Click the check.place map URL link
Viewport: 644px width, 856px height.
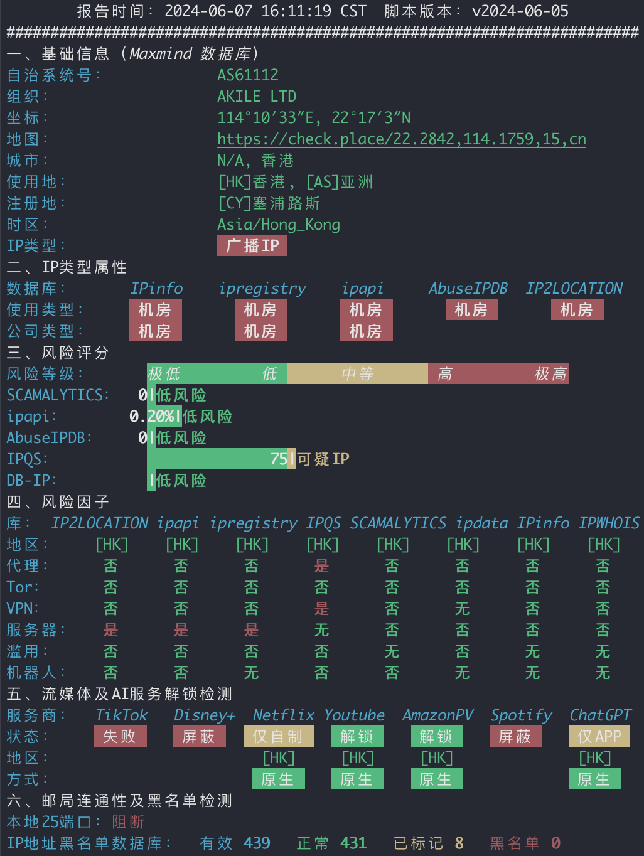401,139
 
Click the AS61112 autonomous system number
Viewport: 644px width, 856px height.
248,75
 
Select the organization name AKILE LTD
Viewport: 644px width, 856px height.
257,97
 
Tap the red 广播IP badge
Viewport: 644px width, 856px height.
252,245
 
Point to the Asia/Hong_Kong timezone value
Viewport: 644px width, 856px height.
279,225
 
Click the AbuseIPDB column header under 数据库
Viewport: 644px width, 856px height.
468,289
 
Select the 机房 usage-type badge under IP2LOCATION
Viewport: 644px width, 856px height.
577,310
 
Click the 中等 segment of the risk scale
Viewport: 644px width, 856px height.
357,374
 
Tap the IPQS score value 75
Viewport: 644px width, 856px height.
279,459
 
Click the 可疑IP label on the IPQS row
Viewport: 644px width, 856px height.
323,459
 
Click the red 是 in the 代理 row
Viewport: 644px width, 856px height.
321,566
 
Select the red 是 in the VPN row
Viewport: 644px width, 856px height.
321,609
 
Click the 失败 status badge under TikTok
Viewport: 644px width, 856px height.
120,736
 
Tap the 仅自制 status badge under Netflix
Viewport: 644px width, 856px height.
278,736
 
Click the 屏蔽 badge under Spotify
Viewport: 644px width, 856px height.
515,736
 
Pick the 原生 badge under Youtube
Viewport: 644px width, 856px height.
357,779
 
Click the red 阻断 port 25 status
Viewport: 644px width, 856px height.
128,822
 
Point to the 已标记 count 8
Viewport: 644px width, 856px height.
459,843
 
